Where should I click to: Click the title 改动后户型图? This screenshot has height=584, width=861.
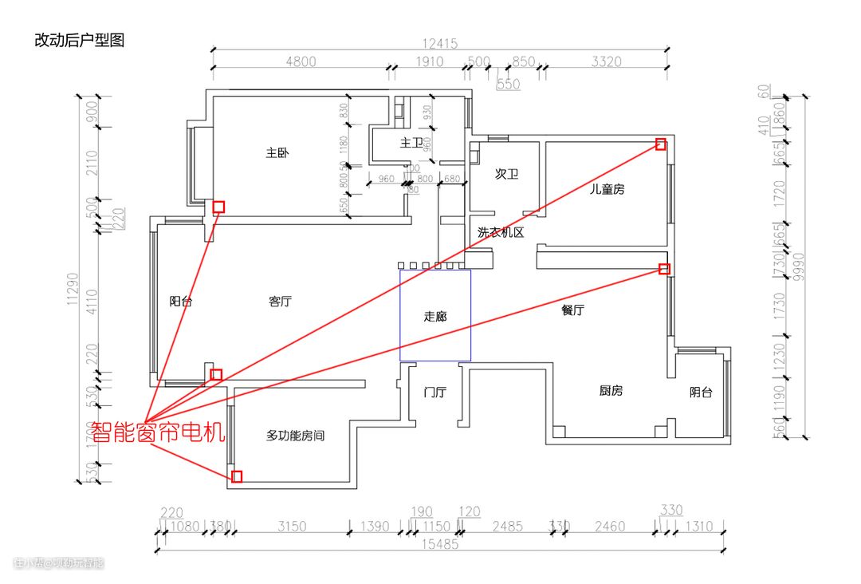coord(79,40)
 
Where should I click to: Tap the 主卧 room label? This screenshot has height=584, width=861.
coord(277,152)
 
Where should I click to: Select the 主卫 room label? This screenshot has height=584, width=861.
coord(411,143)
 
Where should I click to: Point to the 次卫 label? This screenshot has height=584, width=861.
coord(506,173)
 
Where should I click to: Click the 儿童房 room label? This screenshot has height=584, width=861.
coord(607,189)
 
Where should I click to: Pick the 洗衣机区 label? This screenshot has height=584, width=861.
coord(500,233)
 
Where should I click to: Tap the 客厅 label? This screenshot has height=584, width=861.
coord(280,302)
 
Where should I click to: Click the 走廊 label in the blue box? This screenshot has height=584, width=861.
coord(435,317)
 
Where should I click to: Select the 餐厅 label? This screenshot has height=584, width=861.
coord(572,310)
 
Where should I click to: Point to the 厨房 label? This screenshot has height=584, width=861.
coord(611,391)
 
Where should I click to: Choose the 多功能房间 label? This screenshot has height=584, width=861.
coord(295,436)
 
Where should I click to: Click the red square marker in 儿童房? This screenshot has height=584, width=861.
coord(660,144)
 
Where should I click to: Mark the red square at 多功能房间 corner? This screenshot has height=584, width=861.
coord(237,476)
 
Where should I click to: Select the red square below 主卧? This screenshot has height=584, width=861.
coord(218,207)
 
